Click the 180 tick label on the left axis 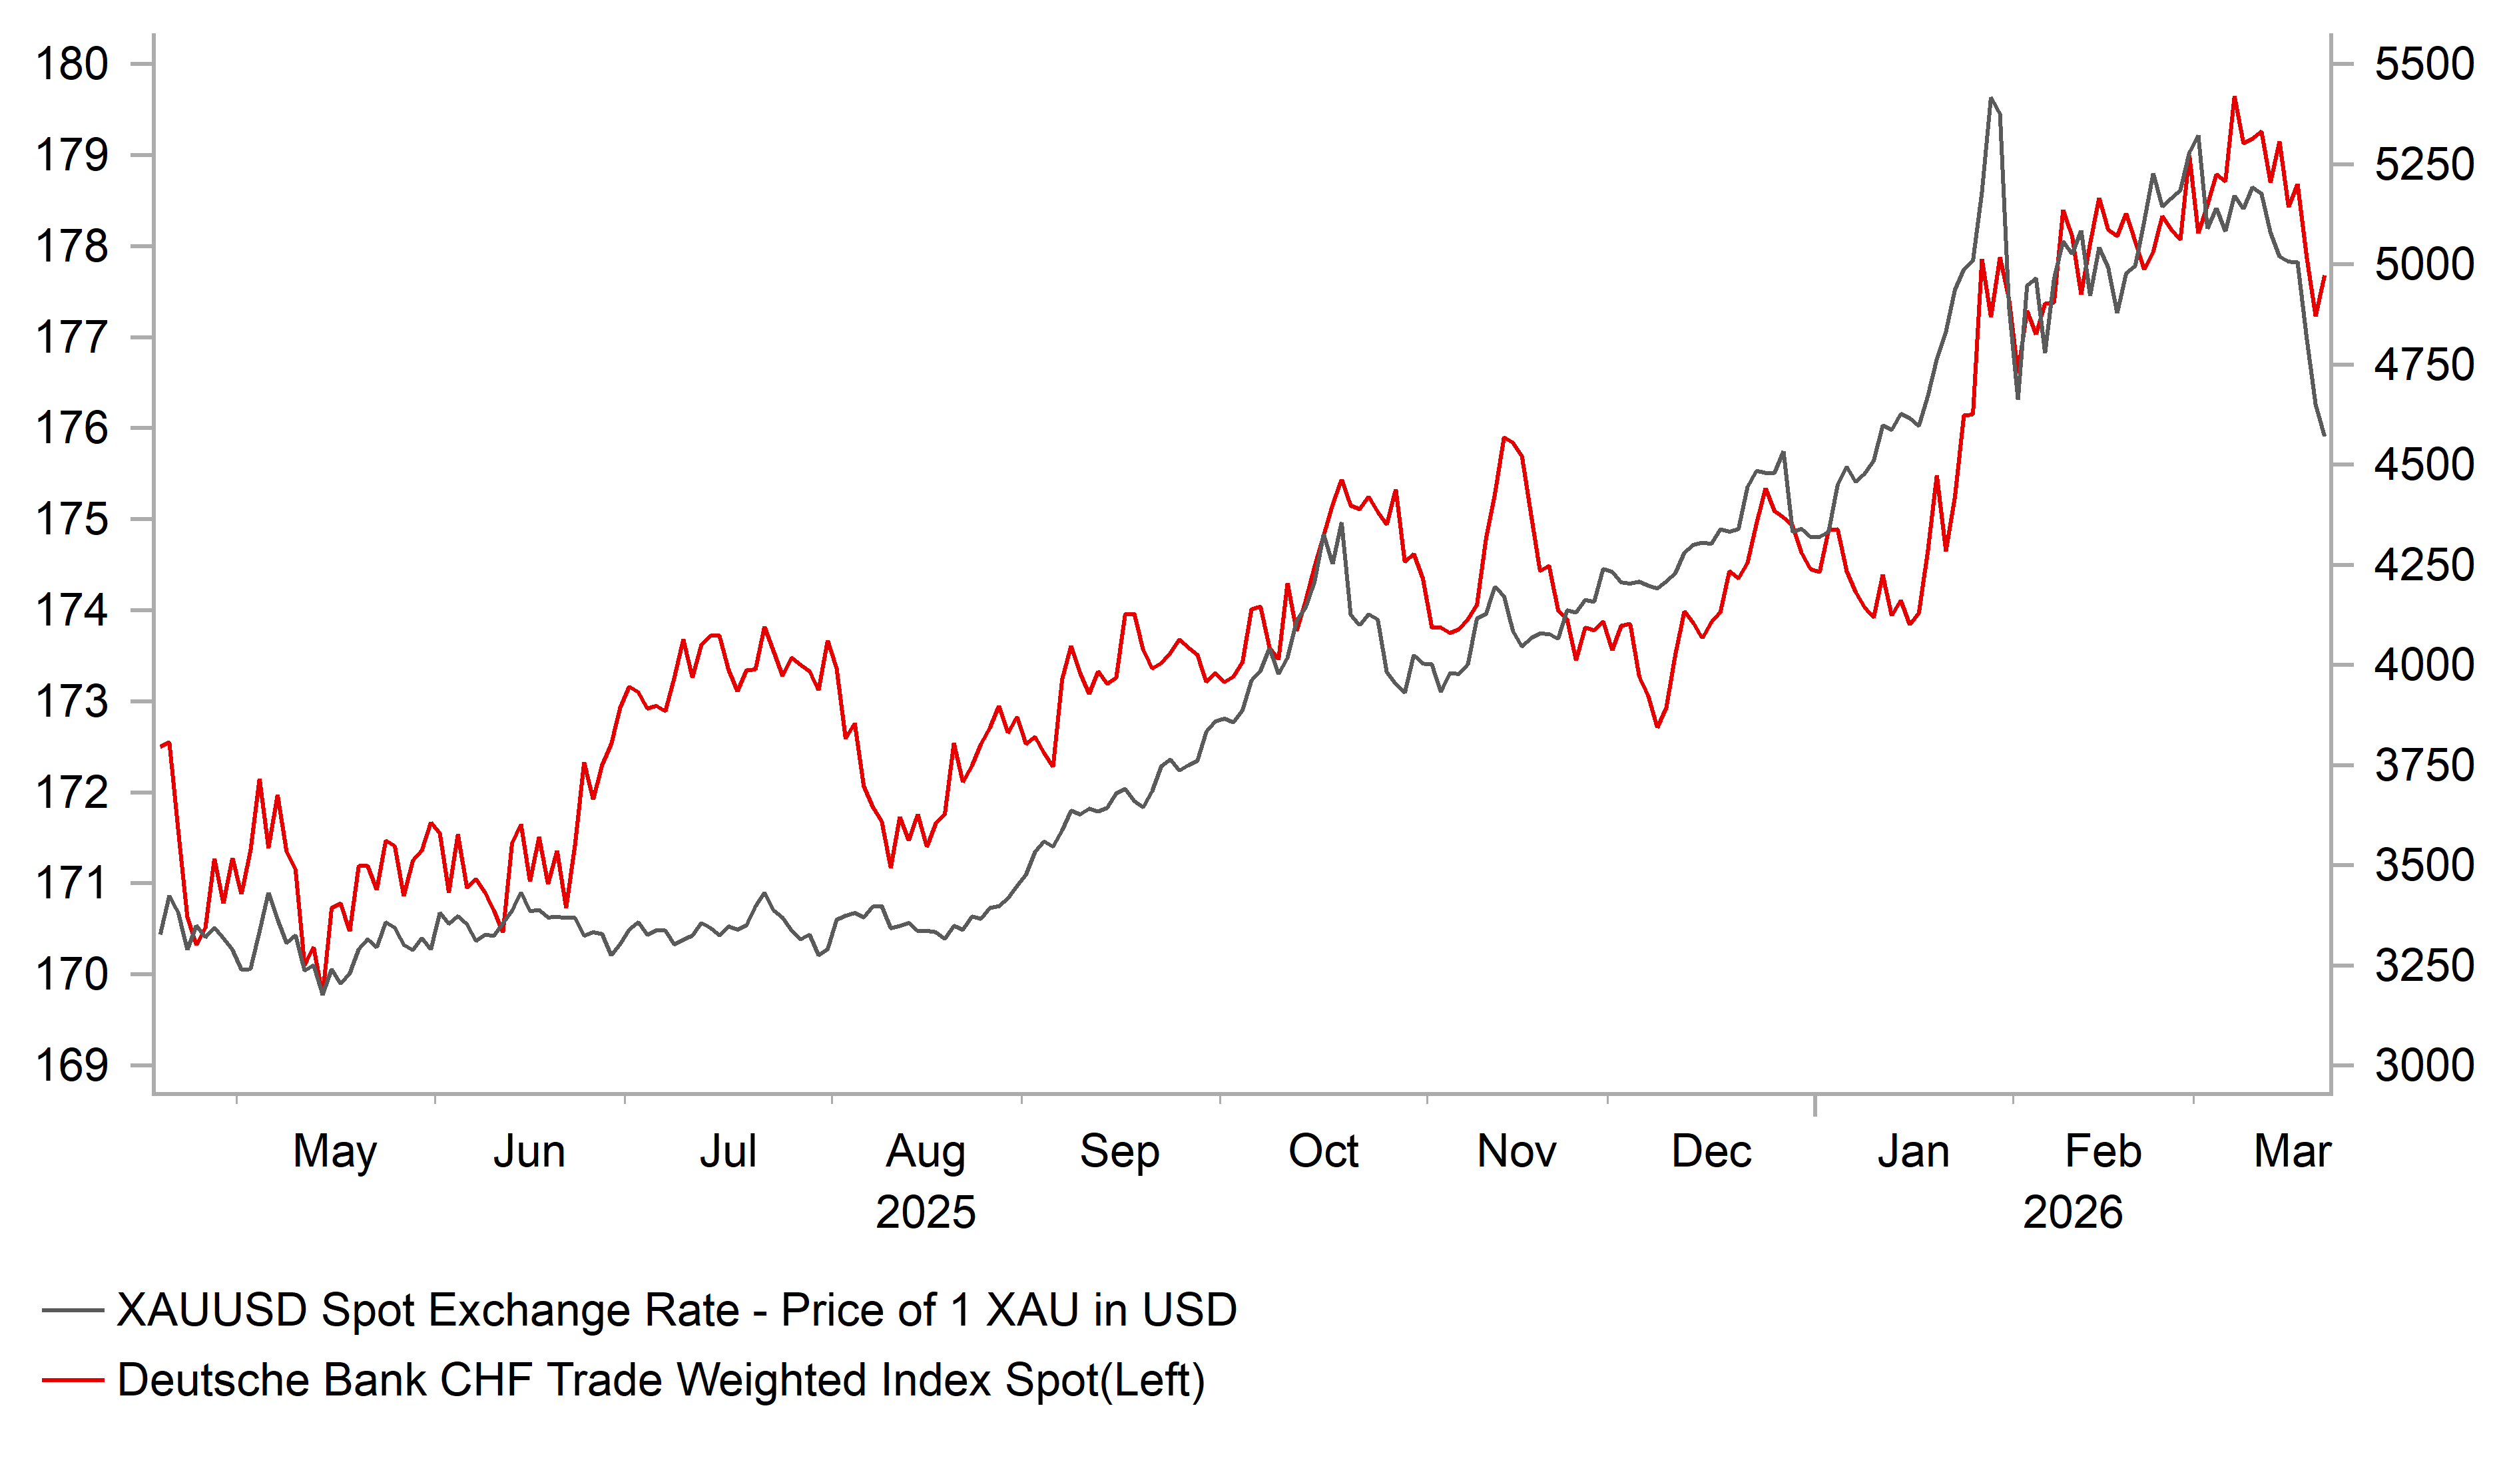pos(72,65)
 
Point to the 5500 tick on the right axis pos(2423,65)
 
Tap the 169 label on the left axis pos(72,1066)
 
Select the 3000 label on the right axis pos(2423,1066)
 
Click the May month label pos(334,1151)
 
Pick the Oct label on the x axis pos(1323,1151)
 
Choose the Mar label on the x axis pos(2292,1151)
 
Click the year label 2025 pos(925,1212)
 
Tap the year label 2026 pos(2072,1212)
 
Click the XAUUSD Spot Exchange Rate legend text pos(676,1310)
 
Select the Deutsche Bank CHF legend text pos(660,1380)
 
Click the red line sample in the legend pos(73,1380)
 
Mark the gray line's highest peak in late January pos(1990,98)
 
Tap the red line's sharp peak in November pos(1504,438)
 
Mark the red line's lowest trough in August pos(891,866)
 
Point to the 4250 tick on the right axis pos(2423,565)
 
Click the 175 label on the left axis pos(72,520)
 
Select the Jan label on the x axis pos(1912,1151)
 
